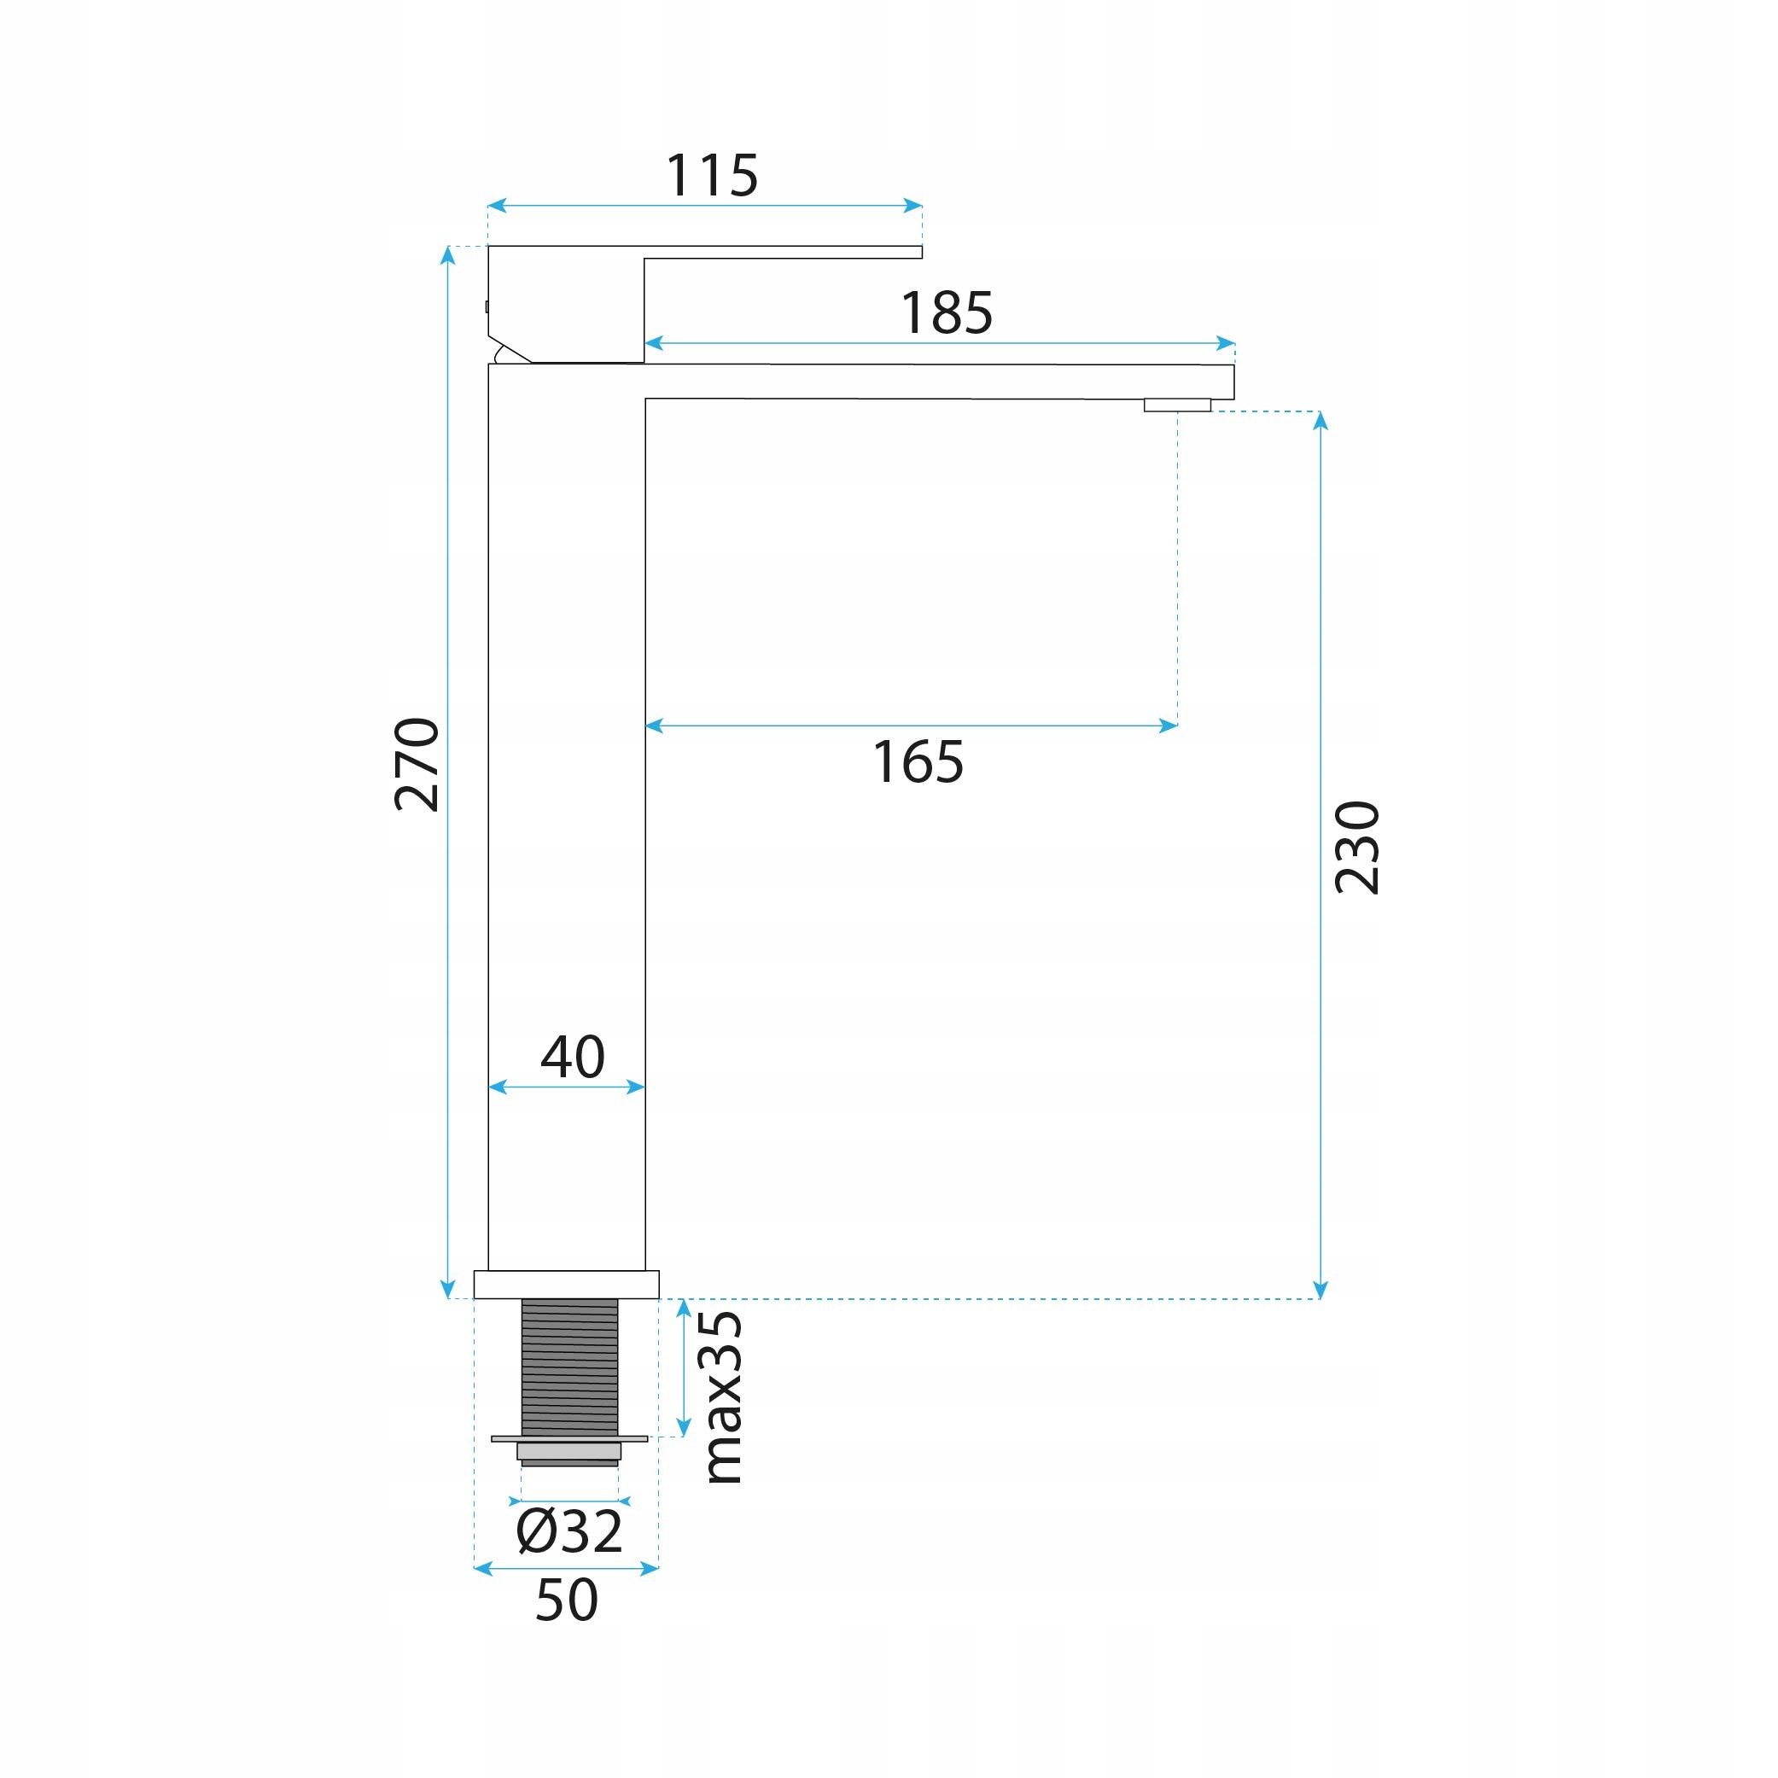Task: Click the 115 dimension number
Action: tap(712, 176)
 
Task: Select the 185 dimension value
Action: tap(947, 313)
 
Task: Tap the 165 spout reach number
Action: tap(918, 763)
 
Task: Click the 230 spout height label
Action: tap(1357, 848)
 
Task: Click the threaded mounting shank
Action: tap(569, 1367)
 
